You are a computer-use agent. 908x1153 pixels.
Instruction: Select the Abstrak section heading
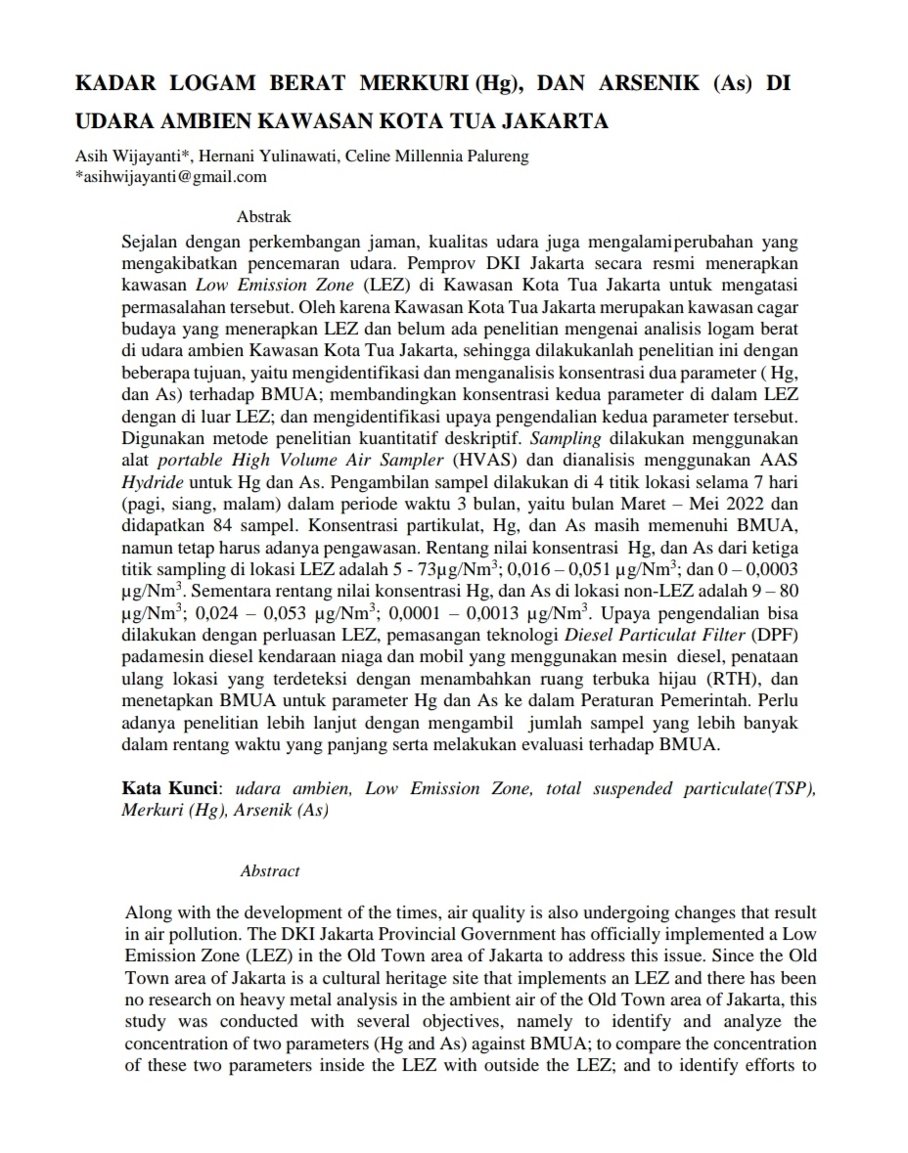pos(264,217)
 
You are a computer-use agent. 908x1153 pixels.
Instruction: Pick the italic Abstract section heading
pos(270,870)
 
